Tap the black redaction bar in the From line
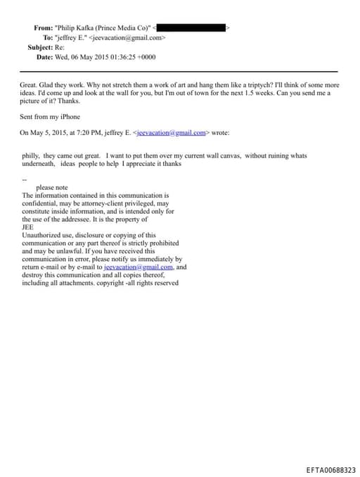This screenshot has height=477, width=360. point(191,27)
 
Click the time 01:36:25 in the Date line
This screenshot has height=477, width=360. point(121,57)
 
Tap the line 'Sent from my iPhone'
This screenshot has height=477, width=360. point(50,117)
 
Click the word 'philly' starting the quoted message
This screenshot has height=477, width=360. point(31,155)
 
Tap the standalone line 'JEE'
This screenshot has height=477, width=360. point(27,227)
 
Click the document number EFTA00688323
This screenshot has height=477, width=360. point(331,469)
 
